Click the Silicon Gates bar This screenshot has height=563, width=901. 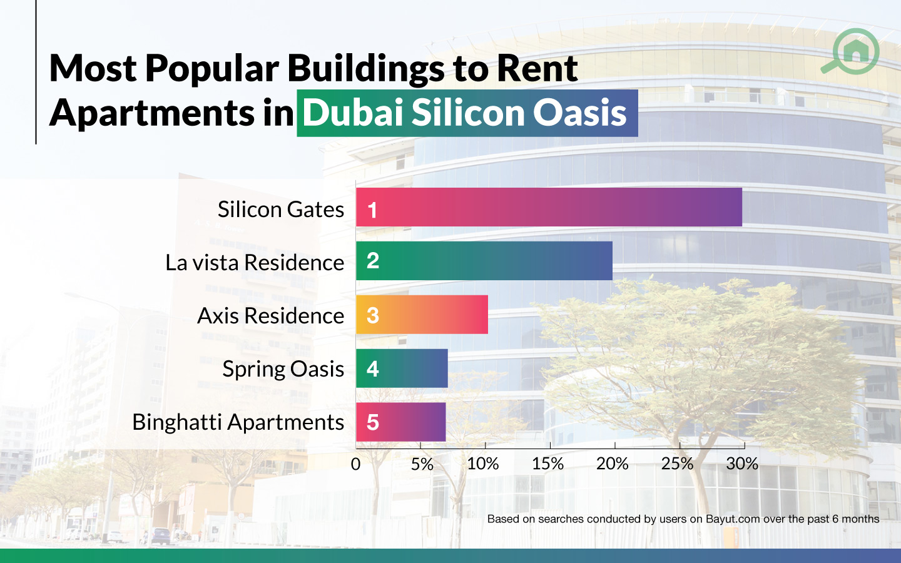coord(549,207)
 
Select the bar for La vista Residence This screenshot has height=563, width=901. coord(484,261)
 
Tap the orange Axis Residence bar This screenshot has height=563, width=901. coord(422,315)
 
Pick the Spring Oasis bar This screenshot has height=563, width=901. coord(402,368)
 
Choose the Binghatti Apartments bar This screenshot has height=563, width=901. coord(401,422)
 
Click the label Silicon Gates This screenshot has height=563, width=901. coord(280,210)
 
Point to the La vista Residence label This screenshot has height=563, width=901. coord(254,263)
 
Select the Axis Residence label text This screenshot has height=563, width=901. coord(270,316)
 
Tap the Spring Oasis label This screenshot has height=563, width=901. coord(283,369)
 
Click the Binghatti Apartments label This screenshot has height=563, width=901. coord(238,422)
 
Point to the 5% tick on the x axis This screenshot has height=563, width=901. coord(422,464)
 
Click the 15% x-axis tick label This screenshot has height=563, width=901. coord(547,464)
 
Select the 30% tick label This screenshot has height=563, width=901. coord(742,464)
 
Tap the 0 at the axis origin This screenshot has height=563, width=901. coord(355,464)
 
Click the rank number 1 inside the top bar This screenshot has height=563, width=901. coord(372,210)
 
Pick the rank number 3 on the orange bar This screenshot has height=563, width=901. coord(373,315)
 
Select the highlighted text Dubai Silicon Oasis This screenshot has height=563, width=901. coord(466,113)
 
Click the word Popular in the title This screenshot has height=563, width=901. coord(211,68)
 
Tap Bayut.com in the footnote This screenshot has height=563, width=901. coord(732,519)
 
